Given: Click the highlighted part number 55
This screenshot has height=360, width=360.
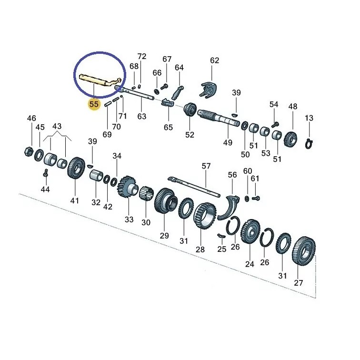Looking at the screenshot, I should (94, 103).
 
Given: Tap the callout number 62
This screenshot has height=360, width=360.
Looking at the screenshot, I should (214, 60).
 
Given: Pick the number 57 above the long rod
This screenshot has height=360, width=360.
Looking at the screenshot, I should (206, 166).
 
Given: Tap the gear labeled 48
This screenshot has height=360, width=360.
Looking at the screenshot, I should (290, 139).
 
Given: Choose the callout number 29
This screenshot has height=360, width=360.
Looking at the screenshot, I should (164, 236).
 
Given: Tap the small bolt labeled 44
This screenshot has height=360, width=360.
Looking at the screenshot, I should (44, 177).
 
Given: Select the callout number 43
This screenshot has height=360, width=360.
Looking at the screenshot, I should (57, 126).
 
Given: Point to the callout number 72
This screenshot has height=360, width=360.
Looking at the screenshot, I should (142, 56).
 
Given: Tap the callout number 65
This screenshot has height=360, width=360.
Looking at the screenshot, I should (168, 128).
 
